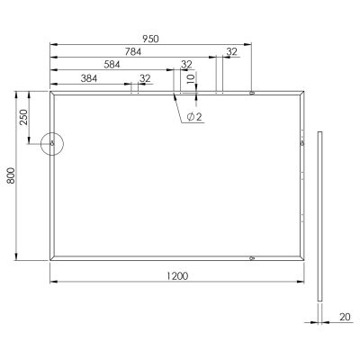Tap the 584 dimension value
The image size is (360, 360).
tap(112, 65)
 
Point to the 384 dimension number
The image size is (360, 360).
tap(90, 78)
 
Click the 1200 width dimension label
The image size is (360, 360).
tap(177, 276)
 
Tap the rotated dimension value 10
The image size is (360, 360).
tap(190, 78)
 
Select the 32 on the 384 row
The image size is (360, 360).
tap(145, 78)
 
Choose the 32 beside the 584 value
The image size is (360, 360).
tap(186, 65)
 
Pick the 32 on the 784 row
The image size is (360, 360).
tap(231, 52)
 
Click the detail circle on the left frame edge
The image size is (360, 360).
tap(51, 142)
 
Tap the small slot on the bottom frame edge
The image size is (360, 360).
tap(251, 258)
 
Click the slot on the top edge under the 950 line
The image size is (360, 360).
tap(251, 91)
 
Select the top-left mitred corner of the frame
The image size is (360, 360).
tap(52, 92)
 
